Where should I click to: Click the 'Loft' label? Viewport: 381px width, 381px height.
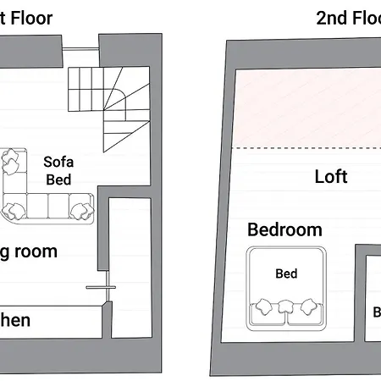point(331,177)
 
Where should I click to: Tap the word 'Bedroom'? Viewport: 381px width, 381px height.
point(284,229)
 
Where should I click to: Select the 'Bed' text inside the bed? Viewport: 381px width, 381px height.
point(286,273)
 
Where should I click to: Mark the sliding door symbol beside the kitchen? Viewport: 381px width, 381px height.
point(99,288)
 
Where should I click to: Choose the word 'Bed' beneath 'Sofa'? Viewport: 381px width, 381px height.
point(58,179)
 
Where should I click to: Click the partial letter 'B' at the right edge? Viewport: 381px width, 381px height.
point(377,312)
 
